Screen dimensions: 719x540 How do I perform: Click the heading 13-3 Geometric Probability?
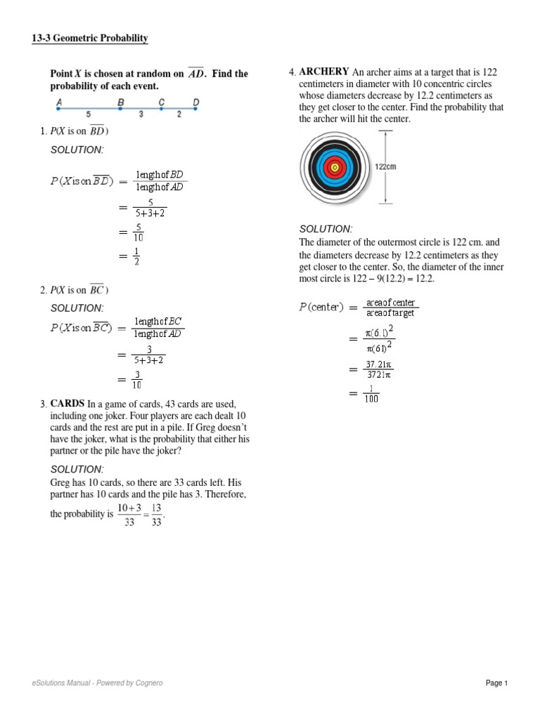pyautogui.click(x=90, y=39)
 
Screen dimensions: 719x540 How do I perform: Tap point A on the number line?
pyautogui.click(x=58, y=102)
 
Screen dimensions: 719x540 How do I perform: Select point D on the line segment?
pyautogui.click(x=196, y=102)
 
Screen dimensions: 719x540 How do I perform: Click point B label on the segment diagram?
pyautogui.click(x=121, y=102)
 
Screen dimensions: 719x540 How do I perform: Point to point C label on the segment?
pyautogui.click(x=162, y=102)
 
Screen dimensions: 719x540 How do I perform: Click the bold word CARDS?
pyautogui.click(x=67, y=404)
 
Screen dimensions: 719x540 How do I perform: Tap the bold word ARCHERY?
pyautogui.click(x=324, y=72)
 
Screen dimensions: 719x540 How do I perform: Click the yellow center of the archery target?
pyautogui.click(x=335, y=167)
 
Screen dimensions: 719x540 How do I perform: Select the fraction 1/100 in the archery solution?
pyautogui.click(x=371, y=394)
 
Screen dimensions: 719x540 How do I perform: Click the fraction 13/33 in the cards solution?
pyautogui.click(x=156, y=514)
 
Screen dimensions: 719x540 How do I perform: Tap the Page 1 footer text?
pyautogui.click(x=496, y=683)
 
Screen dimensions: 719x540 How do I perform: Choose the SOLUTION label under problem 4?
pyautogui.click(x=326, y=230)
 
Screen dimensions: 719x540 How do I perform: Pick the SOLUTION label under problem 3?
pyautogui.click(x=77, y=469)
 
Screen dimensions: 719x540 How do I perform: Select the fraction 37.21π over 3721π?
pyautogui.click(x=378, y=369)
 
